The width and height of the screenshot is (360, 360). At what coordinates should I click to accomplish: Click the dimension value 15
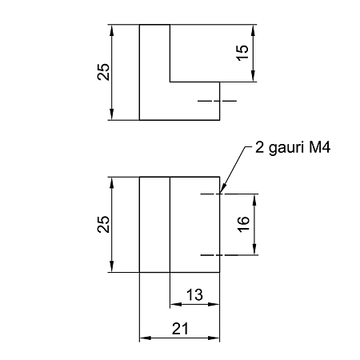[x=243, y=53]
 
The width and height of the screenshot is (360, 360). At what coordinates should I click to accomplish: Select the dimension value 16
[x=243, y=224]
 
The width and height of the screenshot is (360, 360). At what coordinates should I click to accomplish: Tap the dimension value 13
[x=194, y=295]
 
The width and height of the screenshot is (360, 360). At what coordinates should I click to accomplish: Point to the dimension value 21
[x=180, y=329]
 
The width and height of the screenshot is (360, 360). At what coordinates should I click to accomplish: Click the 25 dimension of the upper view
[x=103, y=72]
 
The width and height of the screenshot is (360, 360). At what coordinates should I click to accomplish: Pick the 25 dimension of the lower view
[x=103, y=224]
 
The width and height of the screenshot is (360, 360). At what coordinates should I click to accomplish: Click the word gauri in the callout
[x=286, y=148]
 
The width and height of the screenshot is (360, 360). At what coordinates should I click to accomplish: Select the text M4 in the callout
[x=320, y=147]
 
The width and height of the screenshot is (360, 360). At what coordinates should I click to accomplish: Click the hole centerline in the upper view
[x=217, y=101]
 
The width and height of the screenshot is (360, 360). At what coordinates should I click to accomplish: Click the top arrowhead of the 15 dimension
[x=253, y=30]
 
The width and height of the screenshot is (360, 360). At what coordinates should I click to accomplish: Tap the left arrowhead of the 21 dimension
[x=146, y=338]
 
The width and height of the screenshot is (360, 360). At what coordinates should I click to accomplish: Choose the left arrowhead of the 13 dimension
[x=176, y=304]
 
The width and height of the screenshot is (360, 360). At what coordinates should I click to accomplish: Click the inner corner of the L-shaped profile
[x=170, y=82]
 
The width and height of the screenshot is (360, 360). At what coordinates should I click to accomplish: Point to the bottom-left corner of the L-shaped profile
[x=139, y=120]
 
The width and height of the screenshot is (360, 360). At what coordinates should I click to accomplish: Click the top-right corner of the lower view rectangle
[x=220, y=177]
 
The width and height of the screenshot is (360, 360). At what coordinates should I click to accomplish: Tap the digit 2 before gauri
[x=259, y=147]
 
